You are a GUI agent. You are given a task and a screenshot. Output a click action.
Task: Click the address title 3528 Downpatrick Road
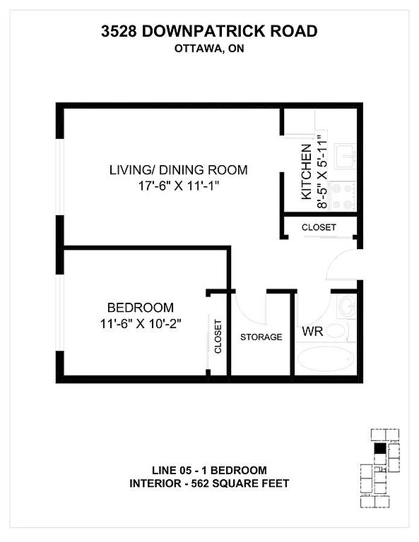[209, 31]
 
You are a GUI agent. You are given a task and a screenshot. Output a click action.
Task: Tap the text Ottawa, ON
[209, 49]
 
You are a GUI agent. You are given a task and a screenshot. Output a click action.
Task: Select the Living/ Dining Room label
[179, 169]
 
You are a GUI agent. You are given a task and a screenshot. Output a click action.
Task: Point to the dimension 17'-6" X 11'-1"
[179, 186]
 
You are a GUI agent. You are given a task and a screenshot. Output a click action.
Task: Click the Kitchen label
[307, 171]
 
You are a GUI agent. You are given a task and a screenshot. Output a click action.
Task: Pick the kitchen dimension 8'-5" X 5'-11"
[321, 171]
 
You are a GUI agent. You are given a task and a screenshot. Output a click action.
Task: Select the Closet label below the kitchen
[319, 227]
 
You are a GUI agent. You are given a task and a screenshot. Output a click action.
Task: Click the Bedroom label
[141, 307]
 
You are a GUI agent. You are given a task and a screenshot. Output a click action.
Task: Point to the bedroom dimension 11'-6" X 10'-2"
[141, 324]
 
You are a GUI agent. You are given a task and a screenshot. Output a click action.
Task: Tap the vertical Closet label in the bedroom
[218, 337]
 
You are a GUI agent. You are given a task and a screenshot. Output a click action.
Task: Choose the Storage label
[261, 337]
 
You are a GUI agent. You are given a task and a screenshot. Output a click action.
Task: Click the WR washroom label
[312, 331]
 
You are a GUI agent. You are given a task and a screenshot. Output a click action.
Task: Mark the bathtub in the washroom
[325, 359]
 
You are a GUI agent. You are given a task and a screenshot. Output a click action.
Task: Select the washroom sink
[347, 306]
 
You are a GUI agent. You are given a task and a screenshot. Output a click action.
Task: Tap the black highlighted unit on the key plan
[379, 448]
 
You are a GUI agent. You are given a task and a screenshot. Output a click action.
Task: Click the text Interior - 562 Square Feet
[209, 483]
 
